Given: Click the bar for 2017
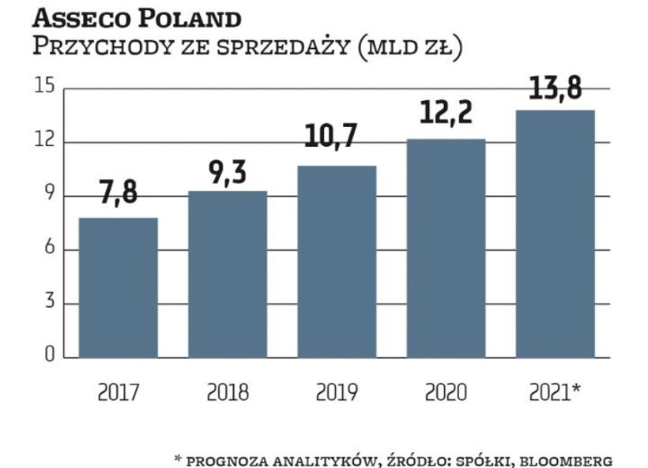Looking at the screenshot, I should pyautogui.click(x=118, y=287).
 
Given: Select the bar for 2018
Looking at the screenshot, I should pyautogui.click(x=227, y=274).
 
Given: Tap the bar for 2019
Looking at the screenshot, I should pyautogui.click(x=337, y=261).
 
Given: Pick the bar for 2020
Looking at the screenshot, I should pyautogui.click(x=446, y=248).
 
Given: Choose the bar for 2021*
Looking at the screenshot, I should pyautogui.click(x=555, y=234).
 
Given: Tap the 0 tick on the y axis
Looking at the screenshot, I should pyautogui.click(x=48, y=357).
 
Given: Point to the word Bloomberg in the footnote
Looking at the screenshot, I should pyautogui.click(x=564, y=458).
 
